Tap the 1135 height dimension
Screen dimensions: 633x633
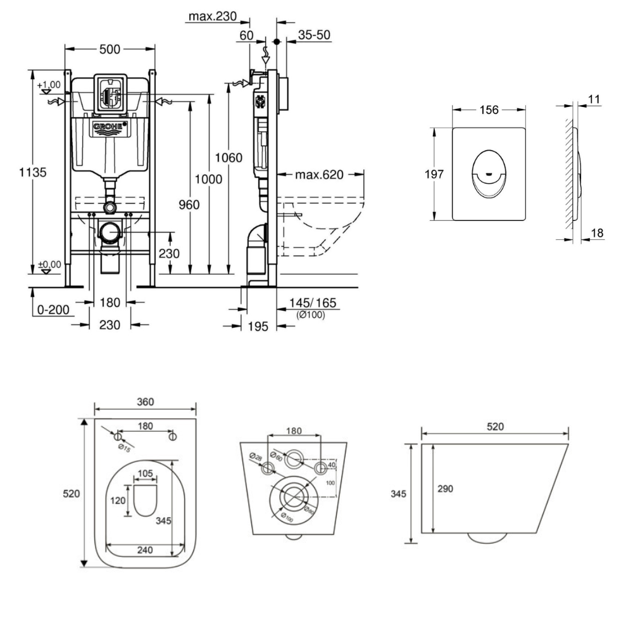click(x=33, y=172)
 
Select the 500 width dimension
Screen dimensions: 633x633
click(x=111, y=49)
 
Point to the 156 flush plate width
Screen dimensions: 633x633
click(x=488, y=110)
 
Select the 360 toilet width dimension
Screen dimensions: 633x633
click(x=145, y=402)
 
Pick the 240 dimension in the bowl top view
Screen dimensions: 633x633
click(x=145, y=550)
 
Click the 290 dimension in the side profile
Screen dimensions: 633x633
click(x=446, y=489)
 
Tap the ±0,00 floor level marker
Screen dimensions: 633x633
click(x=49, y=265)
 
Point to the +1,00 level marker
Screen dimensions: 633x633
click(x=48, y=85)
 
